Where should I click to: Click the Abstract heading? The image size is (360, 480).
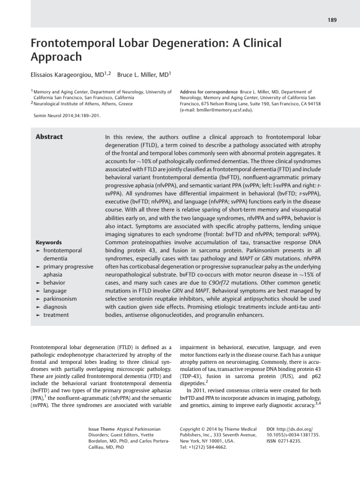coord(49,137)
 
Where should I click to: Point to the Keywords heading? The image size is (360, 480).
coord(48,242)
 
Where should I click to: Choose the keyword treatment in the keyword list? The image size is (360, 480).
coord(56,315)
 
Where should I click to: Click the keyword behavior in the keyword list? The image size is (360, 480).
coord(54,283)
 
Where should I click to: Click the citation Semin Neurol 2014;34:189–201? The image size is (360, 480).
coord(67,114)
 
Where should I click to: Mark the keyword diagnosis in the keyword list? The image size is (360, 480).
coord(55,307)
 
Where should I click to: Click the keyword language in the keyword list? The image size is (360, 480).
coord(54,291)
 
